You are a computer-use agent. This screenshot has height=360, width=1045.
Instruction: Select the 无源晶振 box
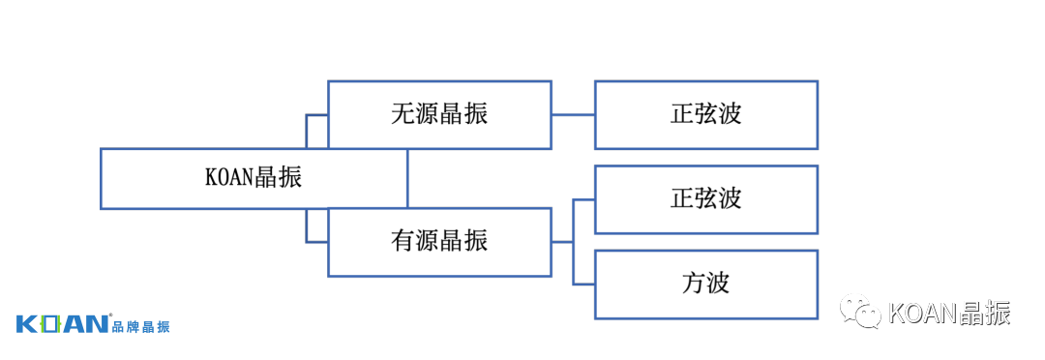[x=439, y=114]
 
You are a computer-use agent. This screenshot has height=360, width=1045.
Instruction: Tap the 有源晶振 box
[x=439, y=242]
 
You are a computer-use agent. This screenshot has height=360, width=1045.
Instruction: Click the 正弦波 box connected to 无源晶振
[x=705, y=114]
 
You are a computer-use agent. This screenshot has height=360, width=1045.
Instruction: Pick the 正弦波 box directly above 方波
[x=705, y=199]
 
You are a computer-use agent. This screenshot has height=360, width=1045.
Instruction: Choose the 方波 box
[x=705, y=284]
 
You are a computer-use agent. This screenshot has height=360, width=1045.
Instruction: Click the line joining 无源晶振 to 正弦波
[x=573, y=115]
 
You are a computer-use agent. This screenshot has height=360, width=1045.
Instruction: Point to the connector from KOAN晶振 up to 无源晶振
[x=308, y=130]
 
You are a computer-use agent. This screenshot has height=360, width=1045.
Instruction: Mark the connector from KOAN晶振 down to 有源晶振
[x=308, y=227]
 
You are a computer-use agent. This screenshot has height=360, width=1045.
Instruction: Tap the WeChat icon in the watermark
[x=859, y=311]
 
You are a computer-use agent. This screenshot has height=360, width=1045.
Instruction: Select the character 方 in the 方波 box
[x=692, y=284]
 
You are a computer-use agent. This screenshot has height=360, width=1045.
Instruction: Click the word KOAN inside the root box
[x=229, y=179]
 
